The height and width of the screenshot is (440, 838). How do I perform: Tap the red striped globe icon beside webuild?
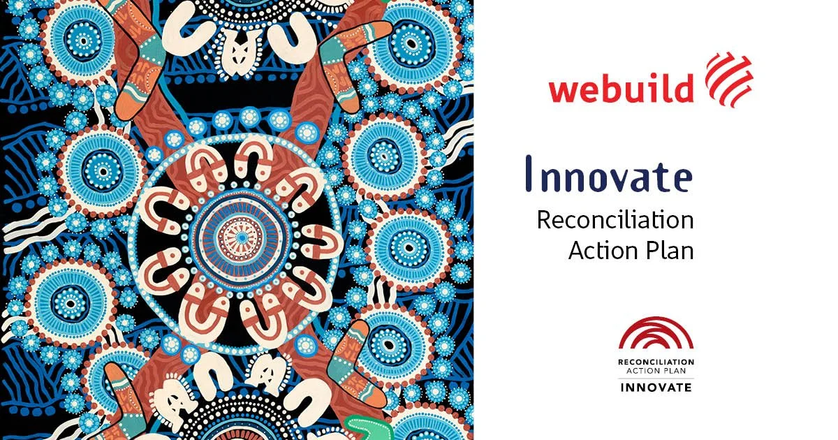point(728,78)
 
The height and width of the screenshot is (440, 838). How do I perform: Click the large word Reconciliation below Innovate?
point(615,219)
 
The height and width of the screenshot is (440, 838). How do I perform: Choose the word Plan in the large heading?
point(668,249)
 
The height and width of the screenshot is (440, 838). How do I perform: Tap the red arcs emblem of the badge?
point(656,334)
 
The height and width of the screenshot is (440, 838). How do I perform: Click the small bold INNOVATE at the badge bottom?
point(656,387)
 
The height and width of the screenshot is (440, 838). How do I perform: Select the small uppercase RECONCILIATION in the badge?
point(656,362)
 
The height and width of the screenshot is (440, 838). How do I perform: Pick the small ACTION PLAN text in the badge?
point(656,371)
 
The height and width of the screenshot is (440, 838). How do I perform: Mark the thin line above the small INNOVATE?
point(656,378)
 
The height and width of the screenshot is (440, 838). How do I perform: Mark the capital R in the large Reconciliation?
point(543,219)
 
